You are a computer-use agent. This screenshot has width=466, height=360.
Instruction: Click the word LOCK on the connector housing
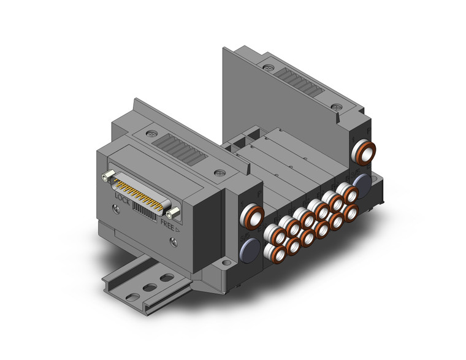[122, 199]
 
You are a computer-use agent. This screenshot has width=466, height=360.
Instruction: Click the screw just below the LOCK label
[116, 209]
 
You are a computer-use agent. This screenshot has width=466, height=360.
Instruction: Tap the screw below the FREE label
[174, 243]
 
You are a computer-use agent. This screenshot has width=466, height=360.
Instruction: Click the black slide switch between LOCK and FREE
[144, 211]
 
